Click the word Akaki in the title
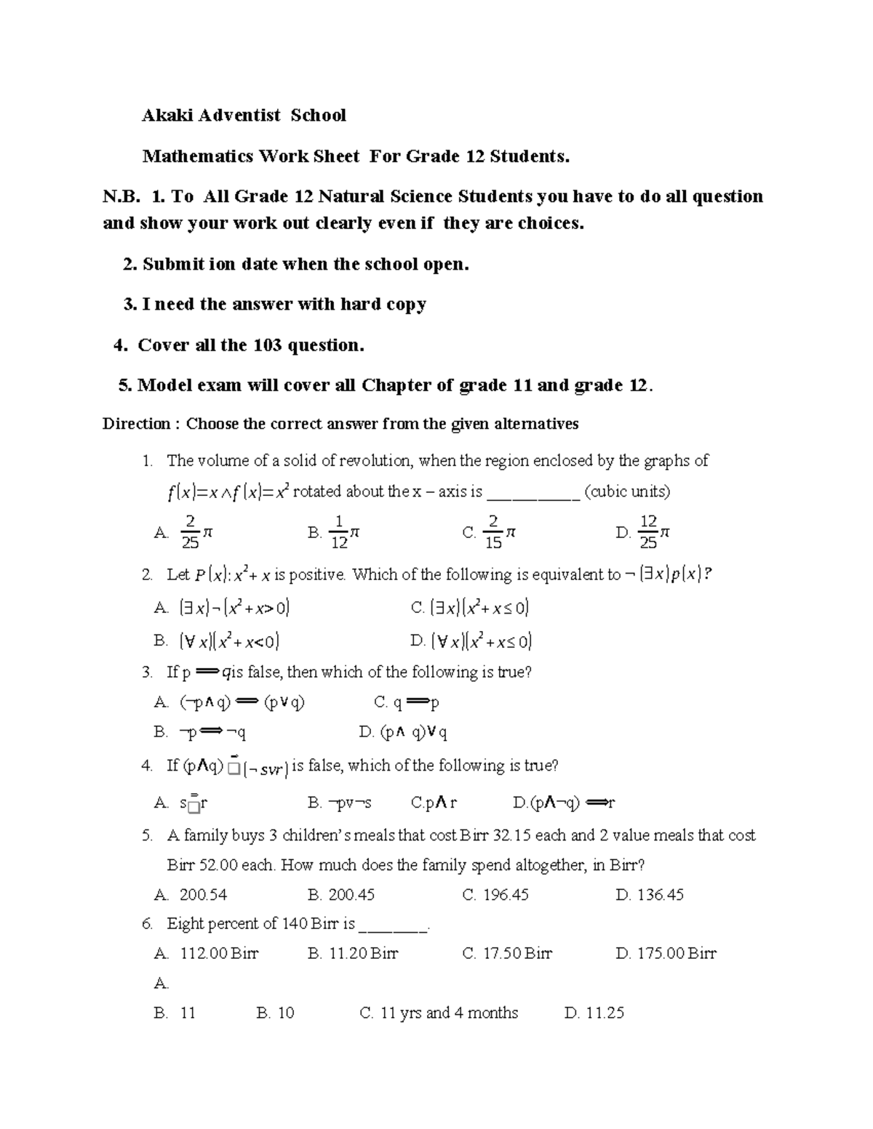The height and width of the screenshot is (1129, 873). pyautogui.click(x=164, y=116)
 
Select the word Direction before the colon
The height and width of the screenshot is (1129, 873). pyautogui.click(x=136, y=424)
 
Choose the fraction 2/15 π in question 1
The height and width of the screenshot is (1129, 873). pyautogui.click(x=499, y=533)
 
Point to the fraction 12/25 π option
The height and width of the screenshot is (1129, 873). pyautogui.click(x=653, y=533)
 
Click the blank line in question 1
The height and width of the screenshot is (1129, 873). pyautogui.click(x=533, y=493)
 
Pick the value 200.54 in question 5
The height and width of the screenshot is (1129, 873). pyautogui.click(x=203, y=895)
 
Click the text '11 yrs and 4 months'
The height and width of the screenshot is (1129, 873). pyautogui.click(x=449, y=1013)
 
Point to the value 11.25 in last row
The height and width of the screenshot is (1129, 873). pyautogui.click(x=605, y=1013)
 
